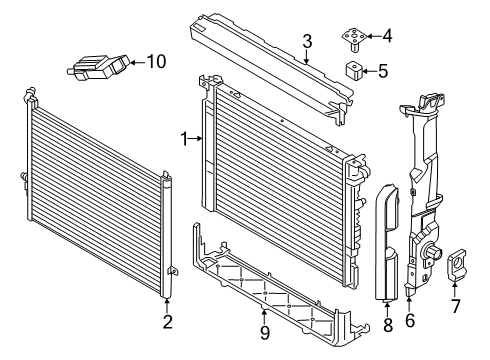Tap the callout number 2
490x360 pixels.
pos(167,321)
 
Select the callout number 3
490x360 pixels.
pos(309,42)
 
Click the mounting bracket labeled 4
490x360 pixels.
pos(355,39)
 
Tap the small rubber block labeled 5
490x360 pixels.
pos(355,71)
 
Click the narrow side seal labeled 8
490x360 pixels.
pos(389,240)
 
